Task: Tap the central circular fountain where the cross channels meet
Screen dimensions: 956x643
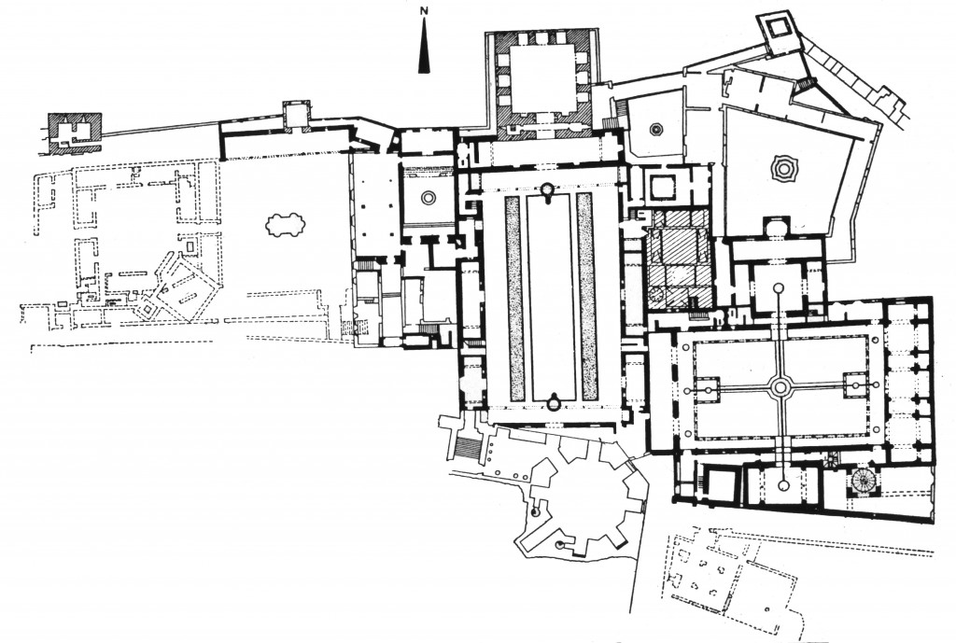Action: [x=780, y=386]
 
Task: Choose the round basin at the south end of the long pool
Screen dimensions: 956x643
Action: [x=554, y=403]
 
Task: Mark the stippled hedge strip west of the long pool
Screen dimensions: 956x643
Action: [x=514, y=298]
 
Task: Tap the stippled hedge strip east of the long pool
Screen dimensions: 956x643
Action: [x=587, y=298]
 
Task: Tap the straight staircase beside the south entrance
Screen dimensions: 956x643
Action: [x=466, y=449]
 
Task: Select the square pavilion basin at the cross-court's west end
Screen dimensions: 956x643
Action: [x=707, y=387]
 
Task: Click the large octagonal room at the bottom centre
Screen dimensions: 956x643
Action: [x=579, y=495]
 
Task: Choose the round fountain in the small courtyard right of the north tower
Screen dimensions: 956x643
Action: [x=656, y=129]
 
